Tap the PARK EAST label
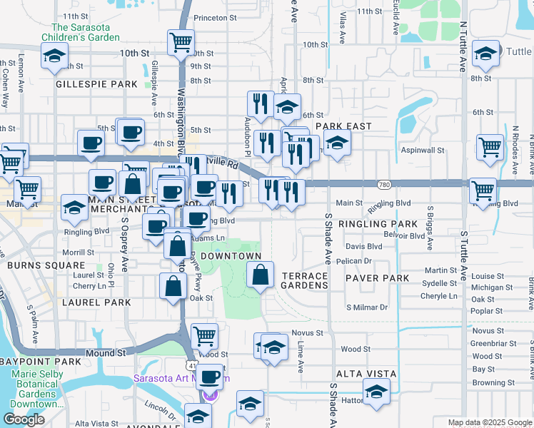click(x=348, y=126)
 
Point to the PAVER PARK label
click(x=377, y=278)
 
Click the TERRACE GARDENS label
click(x=305, y=280)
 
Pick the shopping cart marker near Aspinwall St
click(x=490, y=147)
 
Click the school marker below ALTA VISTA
click(x=376, y=390)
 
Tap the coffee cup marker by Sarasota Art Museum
click(x=209, y=376)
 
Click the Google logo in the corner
click(x=24, y=419)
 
